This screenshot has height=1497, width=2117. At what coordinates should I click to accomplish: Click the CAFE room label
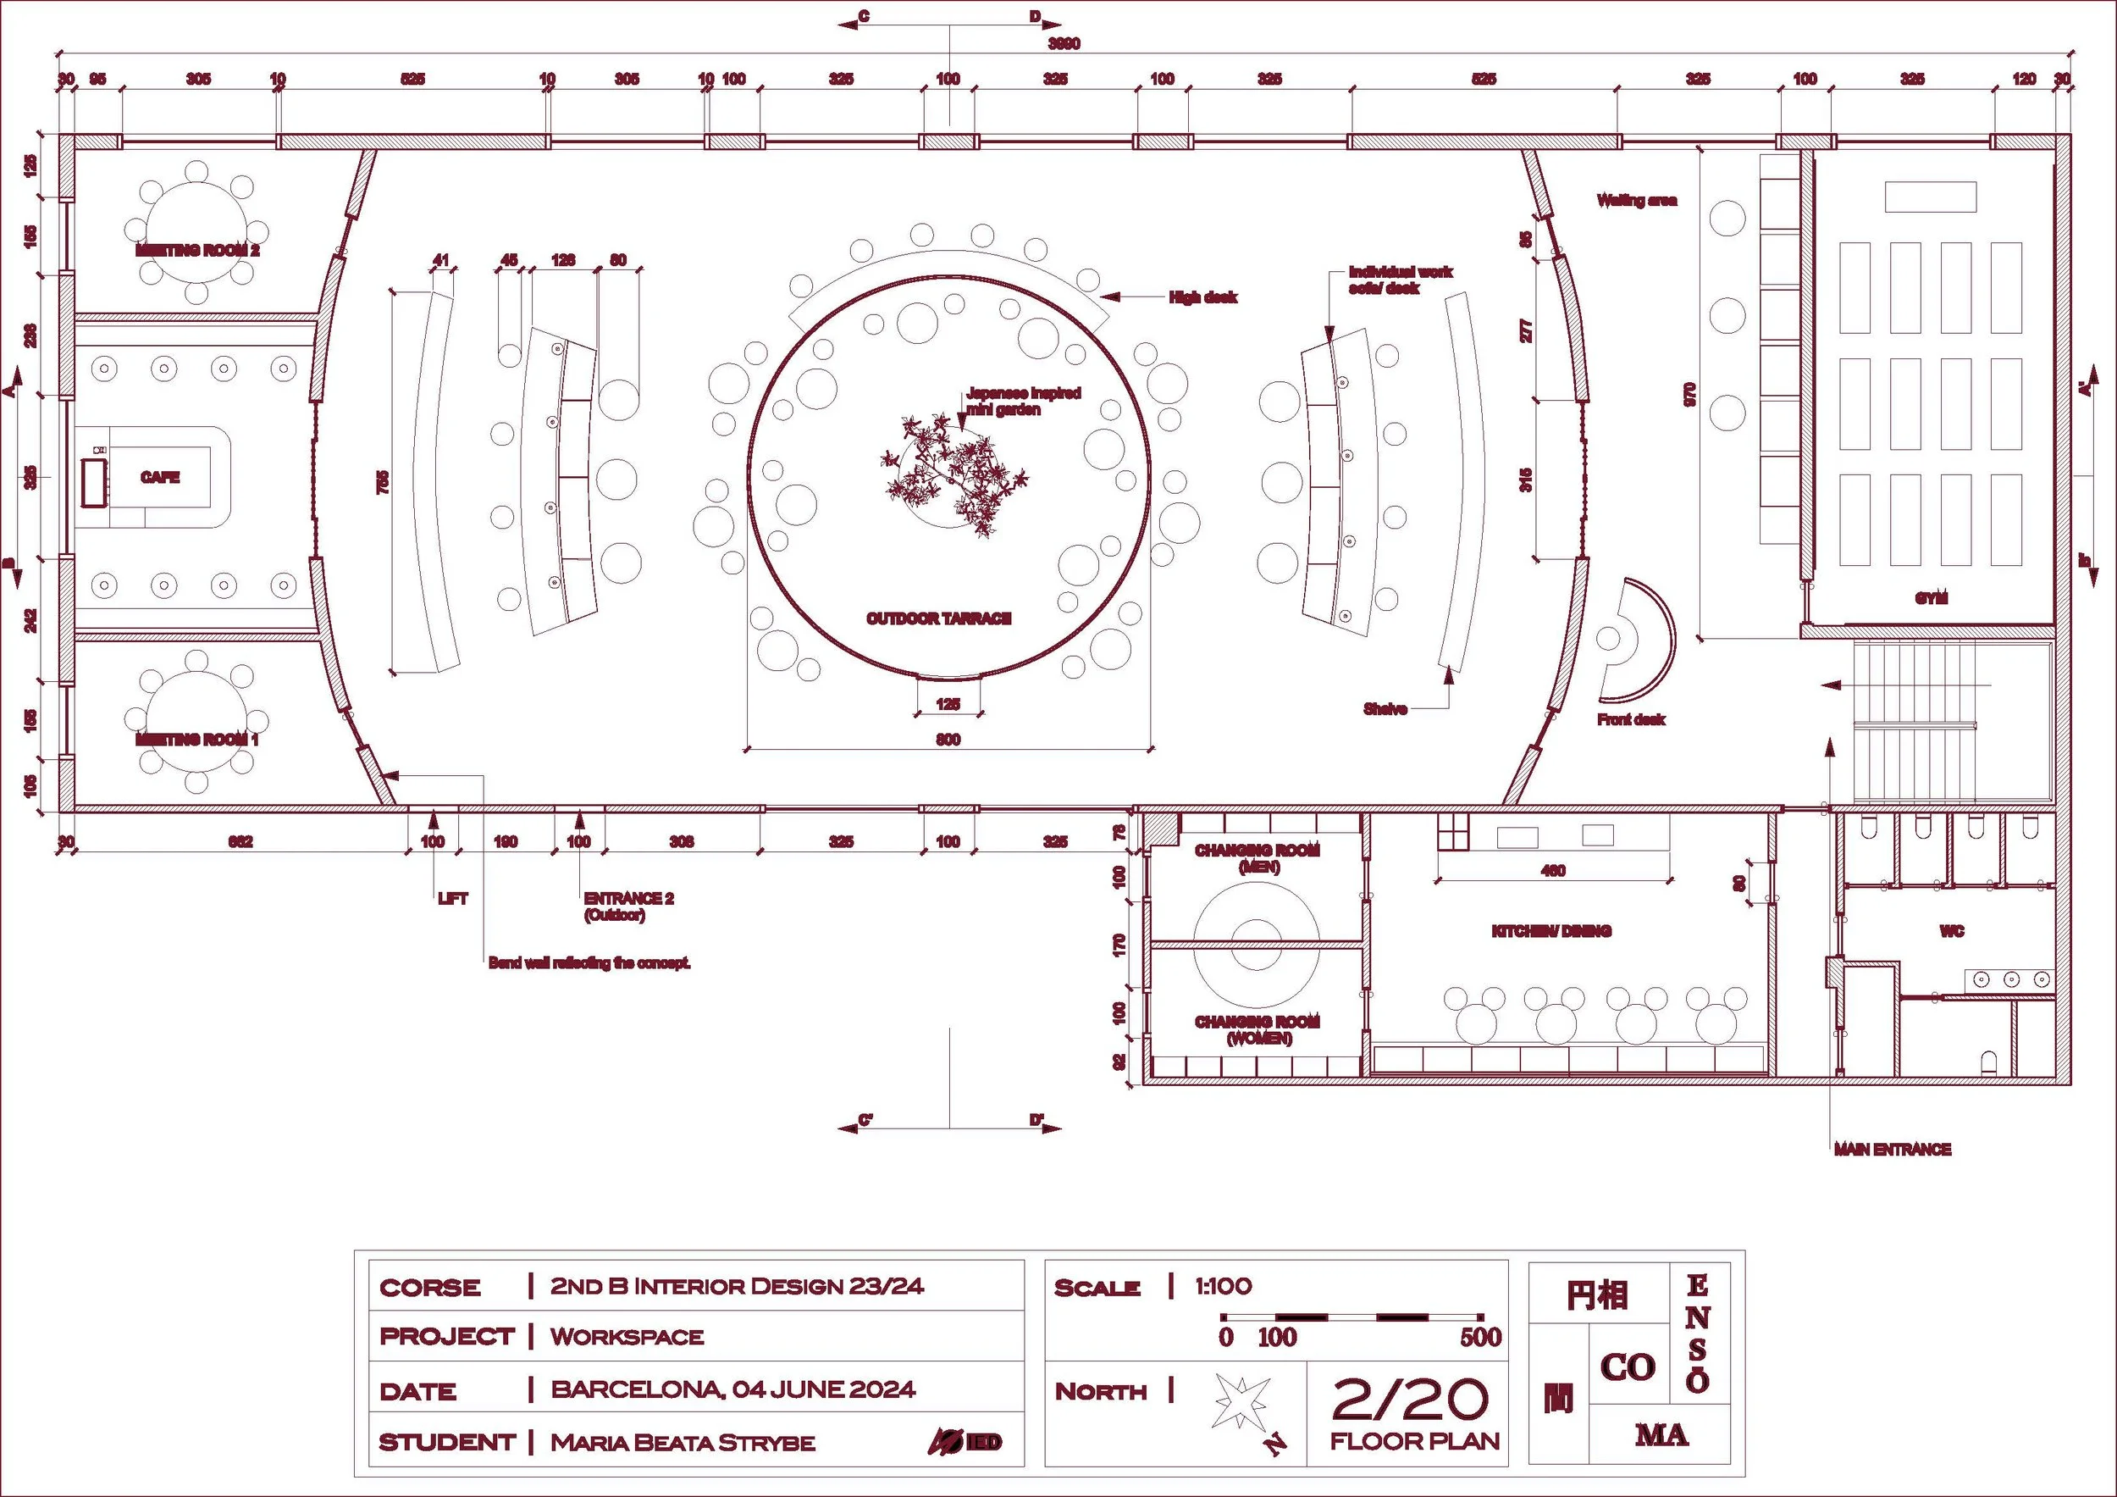[x=159, y=477]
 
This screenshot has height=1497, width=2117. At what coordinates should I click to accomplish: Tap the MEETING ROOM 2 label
[x=197, y=250]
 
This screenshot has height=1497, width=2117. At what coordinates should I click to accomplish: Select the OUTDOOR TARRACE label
[x=938, y=618]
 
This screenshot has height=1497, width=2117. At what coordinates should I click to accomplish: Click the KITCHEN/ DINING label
[x=1550, y=931]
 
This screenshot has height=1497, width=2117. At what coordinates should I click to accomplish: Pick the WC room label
[x=1951, y=931]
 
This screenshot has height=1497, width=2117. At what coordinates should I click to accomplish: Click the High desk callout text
[x=1202, y=297]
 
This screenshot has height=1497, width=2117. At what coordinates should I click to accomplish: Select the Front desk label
[x=1631, y=718]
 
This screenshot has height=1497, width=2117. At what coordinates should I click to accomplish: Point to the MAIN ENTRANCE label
[x=1892, y=1150]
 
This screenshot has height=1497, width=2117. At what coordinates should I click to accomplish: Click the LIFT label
[x=453, y=897]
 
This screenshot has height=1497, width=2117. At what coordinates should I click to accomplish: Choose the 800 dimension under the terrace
[x=948, y=739]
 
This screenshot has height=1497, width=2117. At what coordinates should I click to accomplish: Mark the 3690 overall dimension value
[x=1064, y=43]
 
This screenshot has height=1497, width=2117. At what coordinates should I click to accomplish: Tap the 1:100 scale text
[x=1223, y=1286]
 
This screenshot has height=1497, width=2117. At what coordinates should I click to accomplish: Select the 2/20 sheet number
[x=1410, y=1400]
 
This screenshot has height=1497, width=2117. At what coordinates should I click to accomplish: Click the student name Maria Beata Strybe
[x=683, y=1443]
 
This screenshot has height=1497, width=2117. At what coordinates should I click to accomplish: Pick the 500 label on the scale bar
[x=1480, y=1337]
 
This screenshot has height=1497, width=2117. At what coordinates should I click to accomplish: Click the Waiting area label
[x=1637, y=200]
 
